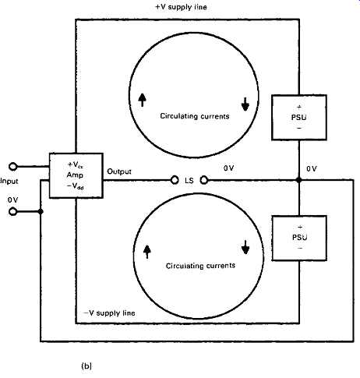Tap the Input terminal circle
12,167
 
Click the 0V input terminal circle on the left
12,212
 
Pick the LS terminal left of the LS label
175,180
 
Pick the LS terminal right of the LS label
204,180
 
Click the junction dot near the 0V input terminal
41,212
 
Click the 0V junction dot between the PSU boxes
299,180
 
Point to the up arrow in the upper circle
142,100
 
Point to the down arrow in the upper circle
245,104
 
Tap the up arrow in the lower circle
147,252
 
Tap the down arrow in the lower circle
245,247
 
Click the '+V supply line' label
181,7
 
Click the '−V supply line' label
109,313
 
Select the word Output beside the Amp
119,171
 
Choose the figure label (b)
86,366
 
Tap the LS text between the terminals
189,180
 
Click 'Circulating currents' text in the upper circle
195,116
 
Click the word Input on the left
9,181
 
